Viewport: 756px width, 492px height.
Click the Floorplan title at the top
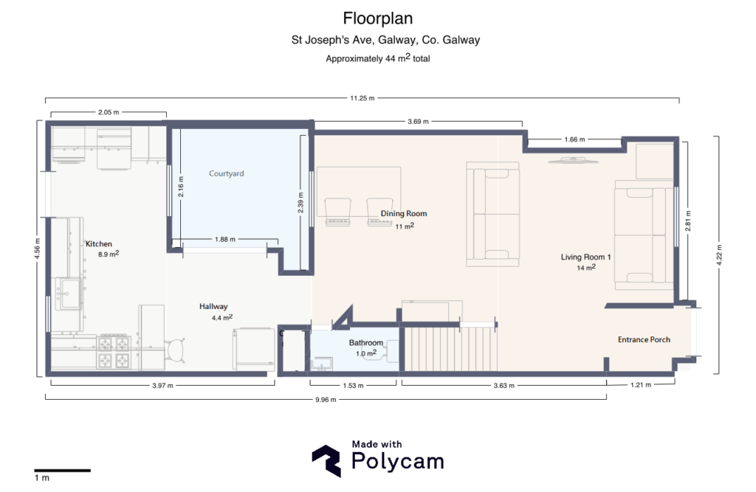coord(377,18)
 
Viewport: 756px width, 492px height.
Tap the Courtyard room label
coord(226,174)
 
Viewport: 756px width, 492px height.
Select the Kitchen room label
coord(99,243)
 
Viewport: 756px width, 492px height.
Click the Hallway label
coord(213,306)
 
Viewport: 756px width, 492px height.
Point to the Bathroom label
coord(366,343)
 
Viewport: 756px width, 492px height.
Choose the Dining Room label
coord(404,214)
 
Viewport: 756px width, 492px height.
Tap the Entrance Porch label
coord(644,339)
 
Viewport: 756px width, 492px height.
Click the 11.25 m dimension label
coord(362,98)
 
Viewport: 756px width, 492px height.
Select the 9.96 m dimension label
coord(325,400)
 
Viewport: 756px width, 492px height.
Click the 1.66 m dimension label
coord(574,139)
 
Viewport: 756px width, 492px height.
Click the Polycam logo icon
coord(326,462)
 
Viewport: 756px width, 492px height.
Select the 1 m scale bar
coord(62,470)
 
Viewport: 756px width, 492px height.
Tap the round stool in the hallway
coord(176,348)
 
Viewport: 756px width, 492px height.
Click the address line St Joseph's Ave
coord(385,41)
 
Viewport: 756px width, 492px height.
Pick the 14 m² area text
coord(586,268)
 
